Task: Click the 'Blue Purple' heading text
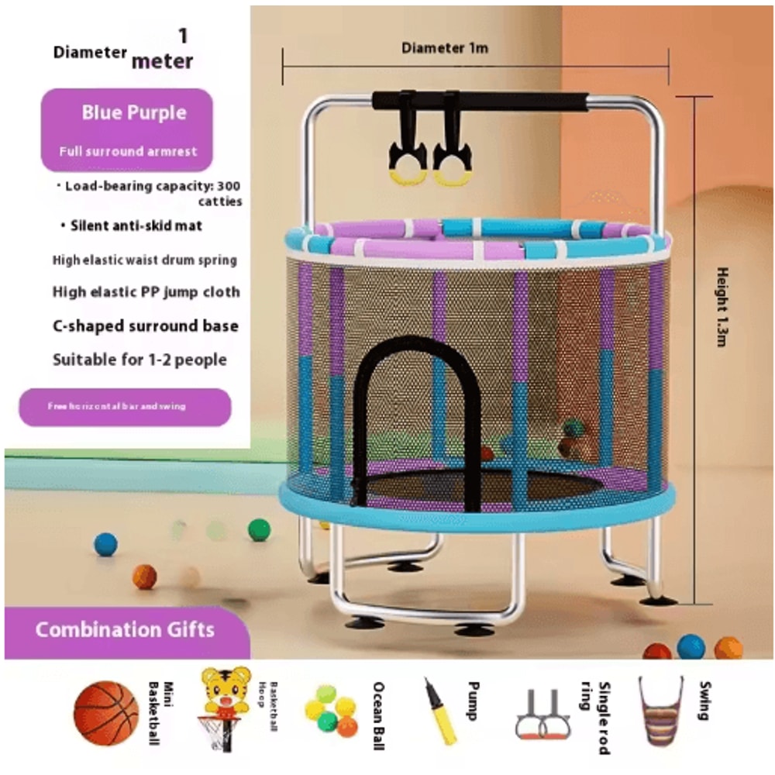[x=134, y=112]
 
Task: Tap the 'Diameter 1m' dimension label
[x=445, y=48]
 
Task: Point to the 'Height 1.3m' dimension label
[x=722, y=306]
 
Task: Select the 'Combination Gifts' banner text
[x=125, y=629]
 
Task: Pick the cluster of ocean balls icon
[x=330, y=710]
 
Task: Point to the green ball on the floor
[x=259, y=530]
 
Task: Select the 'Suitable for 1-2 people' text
[x=139, y=360]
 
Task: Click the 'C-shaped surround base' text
[x=146, y=325]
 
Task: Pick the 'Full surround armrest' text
[x=128, y=151]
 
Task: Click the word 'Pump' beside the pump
[x=473, y=701]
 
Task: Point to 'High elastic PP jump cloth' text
[x=146, y=292]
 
